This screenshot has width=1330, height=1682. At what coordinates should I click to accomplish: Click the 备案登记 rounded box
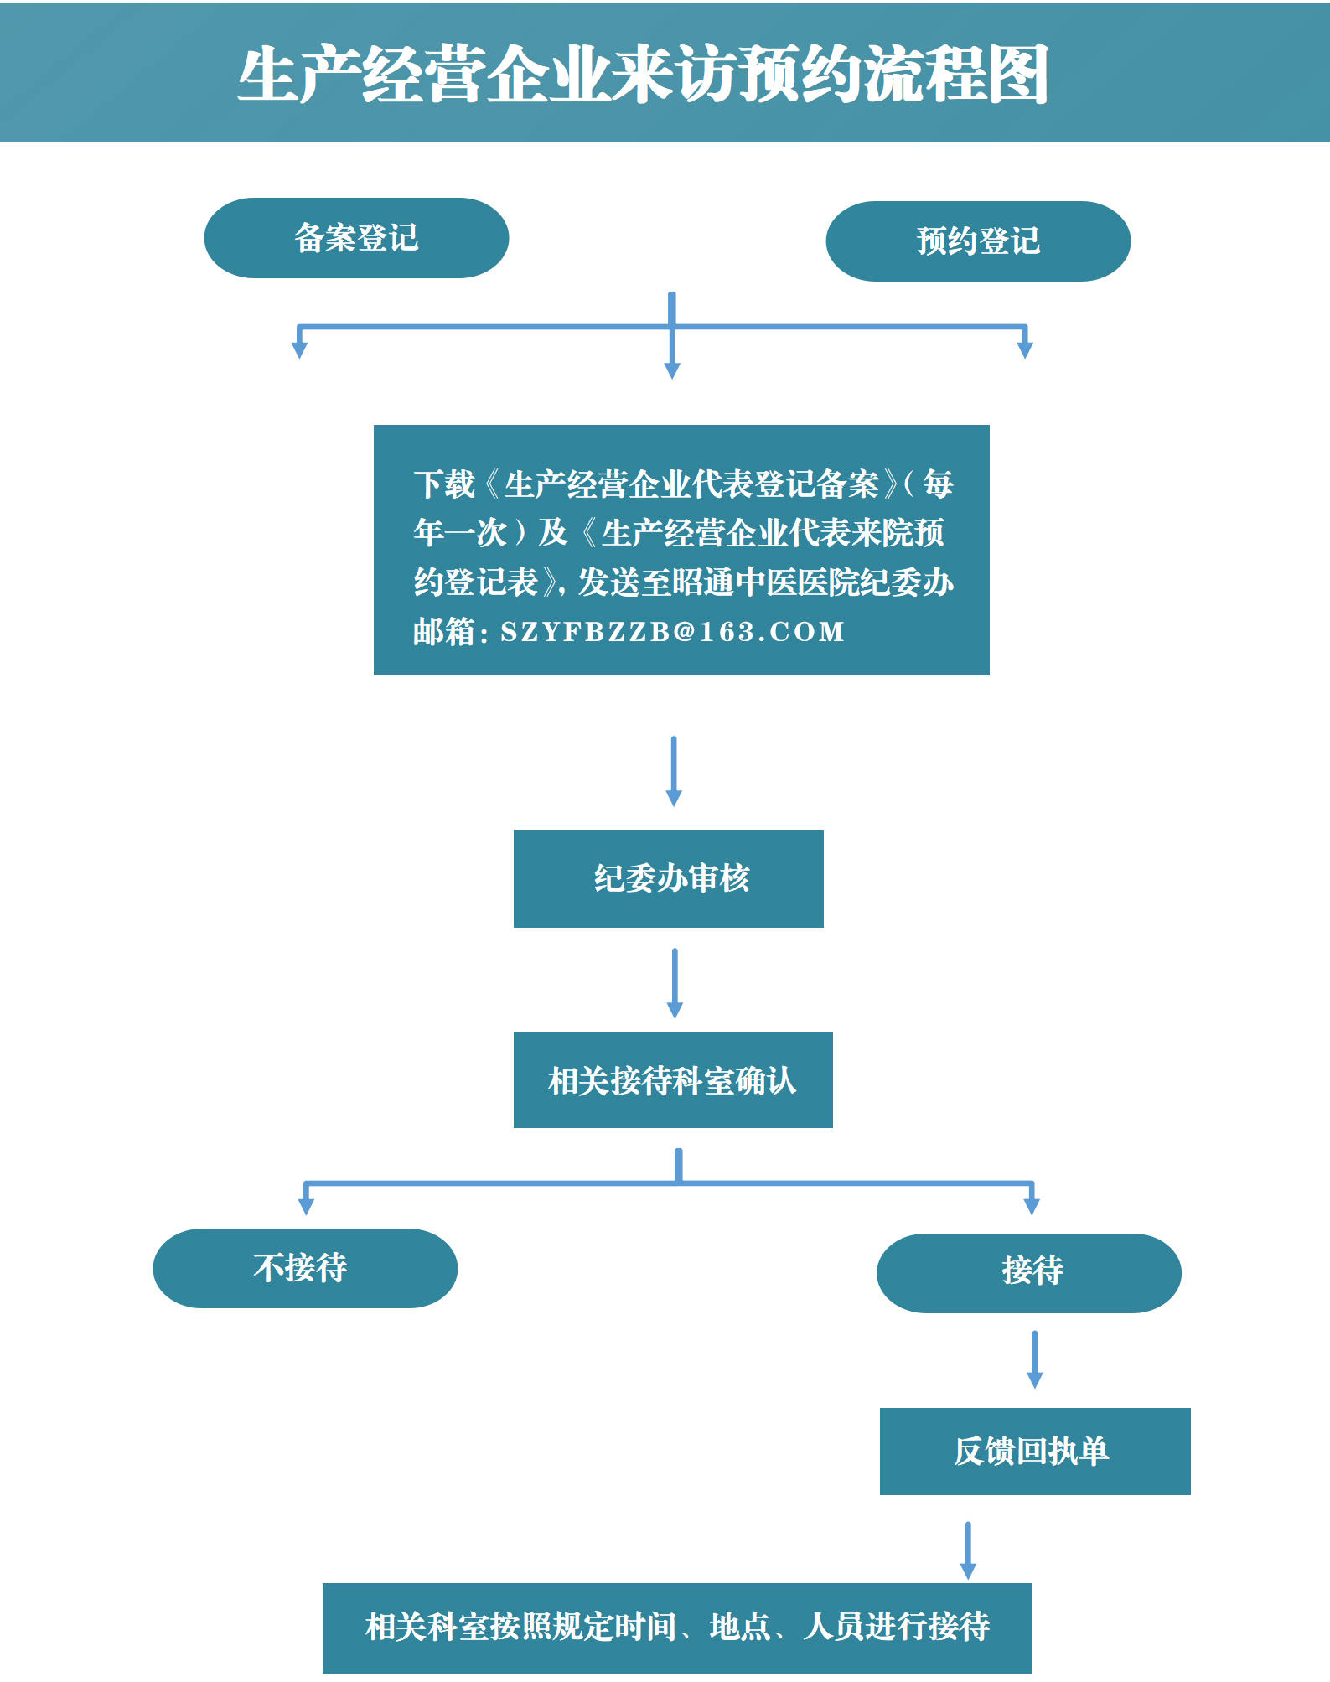pyautogui.click(x=356, y=238)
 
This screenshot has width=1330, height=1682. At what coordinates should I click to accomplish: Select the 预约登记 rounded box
pyautogui.click(x=978, y=241)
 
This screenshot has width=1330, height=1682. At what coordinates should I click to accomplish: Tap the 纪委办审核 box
pyautogui.click(x=669, y=878)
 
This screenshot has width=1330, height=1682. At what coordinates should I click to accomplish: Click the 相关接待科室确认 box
pyautogui.click(x=673, y=1080)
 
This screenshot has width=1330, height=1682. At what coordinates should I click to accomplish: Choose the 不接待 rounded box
pyautogui.click(x=305, y=1268)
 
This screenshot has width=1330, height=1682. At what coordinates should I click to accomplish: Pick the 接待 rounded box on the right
pyautogui.click(x=1029, y=1272)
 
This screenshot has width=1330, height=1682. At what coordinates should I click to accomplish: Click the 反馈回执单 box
pyautogui.click(x=1035, y=1452)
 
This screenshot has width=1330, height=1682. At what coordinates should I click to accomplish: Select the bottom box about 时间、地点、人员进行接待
pyautogui.click(x=677, y=1628)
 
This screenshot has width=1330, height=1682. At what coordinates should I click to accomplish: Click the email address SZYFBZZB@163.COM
pyautogui.click(x=672, y=632)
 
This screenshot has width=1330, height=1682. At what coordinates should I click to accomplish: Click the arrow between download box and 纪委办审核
pyautogui.click(x=674, y=771)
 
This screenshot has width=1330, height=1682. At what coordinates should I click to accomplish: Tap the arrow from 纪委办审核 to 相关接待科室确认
pyautogui.click(x=675, y=983)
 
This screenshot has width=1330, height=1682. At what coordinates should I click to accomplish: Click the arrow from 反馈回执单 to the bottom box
pyautogui.click(x=968, y=1550)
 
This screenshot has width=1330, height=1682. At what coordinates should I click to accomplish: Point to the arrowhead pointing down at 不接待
pyautogui.click(x=306, y=1205)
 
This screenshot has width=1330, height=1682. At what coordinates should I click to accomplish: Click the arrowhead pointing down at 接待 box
pyautogui.click(x=1032, y=1205)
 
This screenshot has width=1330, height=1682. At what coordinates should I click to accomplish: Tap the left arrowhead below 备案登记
pyautogui.click(x=299, y=349)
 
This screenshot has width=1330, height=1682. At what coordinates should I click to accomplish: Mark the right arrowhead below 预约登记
pyautogui.click(x=1025, y=349)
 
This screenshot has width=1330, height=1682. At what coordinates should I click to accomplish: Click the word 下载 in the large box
pyautogui.click(x=444, y=484)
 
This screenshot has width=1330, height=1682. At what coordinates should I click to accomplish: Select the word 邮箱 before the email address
pyautogui.click(x=444, y=632)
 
